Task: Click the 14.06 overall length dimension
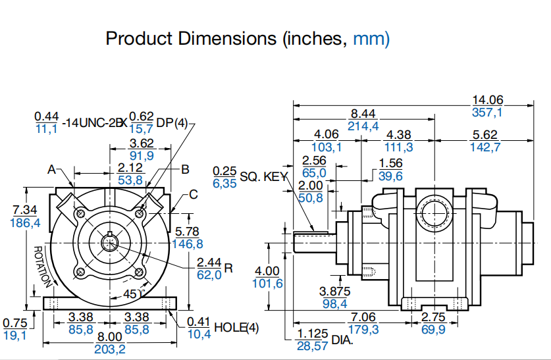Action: (487, 100)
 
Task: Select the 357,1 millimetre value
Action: (487, 112)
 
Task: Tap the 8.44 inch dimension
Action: (363, 114)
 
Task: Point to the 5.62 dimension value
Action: (485, 135)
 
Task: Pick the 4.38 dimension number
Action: (398, 135)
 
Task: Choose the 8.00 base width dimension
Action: (110, 336)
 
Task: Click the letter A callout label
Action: (51, 169)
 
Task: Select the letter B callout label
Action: (185, 169)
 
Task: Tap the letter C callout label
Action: (193, 194)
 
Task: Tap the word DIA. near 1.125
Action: (342, 340)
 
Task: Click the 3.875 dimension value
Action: (334, 291)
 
